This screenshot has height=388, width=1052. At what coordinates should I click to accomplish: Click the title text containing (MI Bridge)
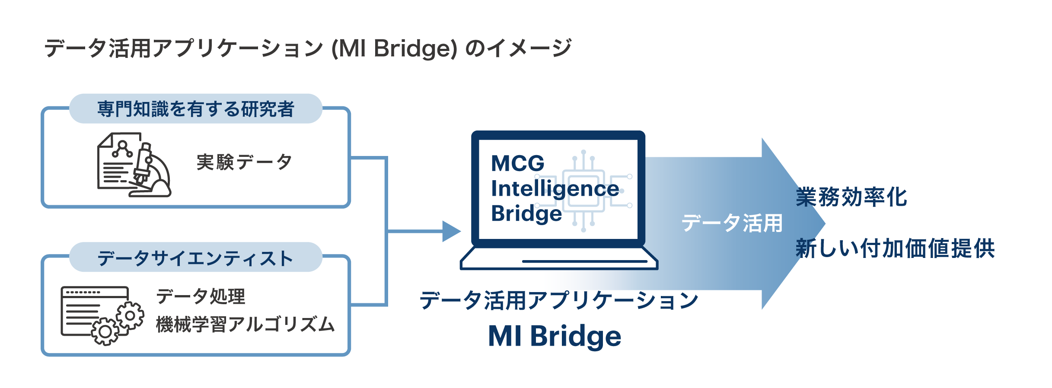pos(308,48)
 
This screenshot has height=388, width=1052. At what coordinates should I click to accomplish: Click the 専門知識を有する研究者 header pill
pos(196,108)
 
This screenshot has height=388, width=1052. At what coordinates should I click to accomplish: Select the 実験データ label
pos(244,162)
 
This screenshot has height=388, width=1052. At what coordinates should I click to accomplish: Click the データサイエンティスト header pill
pos(196,257)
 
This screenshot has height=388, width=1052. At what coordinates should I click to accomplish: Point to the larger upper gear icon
pos(130,316)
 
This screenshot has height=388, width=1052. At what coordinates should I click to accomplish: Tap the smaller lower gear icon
pos(105,331)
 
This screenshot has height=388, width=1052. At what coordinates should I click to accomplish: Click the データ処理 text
pos(201,296)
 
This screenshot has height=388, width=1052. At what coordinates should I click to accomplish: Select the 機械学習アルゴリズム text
pos(245,324)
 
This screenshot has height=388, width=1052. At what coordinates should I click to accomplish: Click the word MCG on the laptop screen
pos(518,163)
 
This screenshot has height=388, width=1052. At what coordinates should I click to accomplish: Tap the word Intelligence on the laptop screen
pos(555,189)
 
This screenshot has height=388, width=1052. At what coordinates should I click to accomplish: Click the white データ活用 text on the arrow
pos(732,223)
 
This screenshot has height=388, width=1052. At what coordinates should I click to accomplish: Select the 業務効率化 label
pos(851,197)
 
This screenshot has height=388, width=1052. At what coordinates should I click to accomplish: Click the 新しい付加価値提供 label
pos(895,248)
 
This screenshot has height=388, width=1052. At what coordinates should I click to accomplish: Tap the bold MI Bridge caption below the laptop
pos(555,336)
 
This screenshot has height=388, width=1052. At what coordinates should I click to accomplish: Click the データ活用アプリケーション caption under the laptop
pos(559,300)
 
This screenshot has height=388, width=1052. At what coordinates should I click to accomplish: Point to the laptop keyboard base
pos(559,258)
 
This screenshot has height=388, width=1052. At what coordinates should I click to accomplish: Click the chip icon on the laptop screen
pos(583,191)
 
